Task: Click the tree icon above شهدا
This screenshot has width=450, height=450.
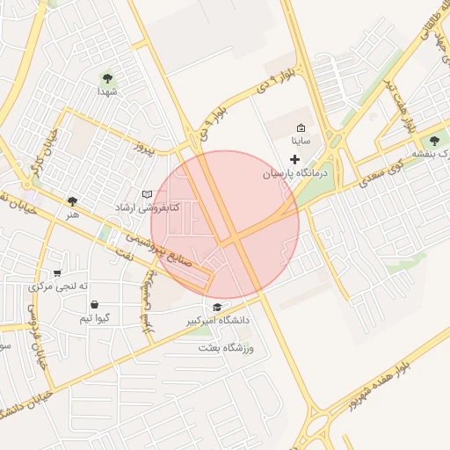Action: point(108,77)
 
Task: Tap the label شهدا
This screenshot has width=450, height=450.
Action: point(108,91)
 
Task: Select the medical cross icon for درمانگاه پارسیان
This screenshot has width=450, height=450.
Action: point(294,158)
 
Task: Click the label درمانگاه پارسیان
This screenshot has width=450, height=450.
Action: point(295,174)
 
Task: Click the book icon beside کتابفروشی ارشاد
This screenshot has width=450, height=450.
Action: point(147,193)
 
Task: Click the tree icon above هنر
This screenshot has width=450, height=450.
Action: point(72,201)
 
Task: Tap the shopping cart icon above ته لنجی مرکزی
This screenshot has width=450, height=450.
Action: point(58,273)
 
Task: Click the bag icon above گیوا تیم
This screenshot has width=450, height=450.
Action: point(94,304)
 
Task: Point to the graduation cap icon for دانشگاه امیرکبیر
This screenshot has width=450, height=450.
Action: point(217,306)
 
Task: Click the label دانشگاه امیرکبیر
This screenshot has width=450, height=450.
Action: point(217,321)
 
